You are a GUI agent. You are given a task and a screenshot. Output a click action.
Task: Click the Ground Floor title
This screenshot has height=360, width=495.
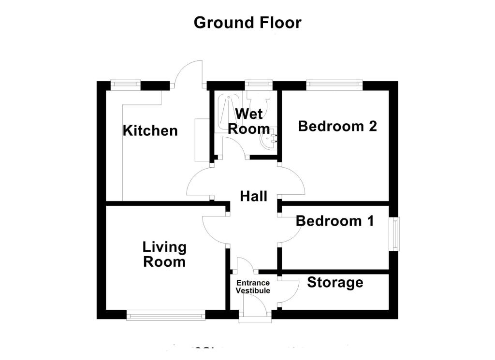(247, 23)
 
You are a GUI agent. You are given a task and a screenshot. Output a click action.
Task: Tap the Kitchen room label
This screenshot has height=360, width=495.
(150, 130)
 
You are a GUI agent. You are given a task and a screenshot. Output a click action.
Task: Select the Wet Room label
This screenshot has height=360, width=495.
(249, 121)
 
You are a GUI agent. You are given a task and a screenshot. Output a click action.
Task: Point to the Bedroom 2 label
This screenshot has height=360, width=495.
(337, 126)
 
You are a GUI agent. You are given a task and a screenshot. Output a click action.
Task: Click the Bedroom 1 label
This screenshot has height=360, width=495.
(335, 221)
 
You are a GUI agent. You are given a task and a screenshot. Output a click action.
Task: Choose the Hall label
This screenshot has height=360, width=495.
(253, 196)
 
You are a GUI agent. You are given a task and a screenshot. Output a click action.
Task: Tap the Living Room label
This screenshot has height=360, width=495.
(164, 254)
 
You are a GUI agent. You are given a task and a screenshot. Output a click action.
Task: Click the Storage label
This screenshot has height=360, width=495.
(335, 282)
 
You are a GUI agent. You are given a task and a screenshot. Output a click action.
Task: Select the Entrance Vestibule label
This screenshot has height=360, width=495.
(253, 287)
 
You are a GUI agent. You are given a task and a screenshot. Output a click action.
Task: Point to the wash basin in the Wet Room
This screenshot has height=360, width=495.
(268, 139)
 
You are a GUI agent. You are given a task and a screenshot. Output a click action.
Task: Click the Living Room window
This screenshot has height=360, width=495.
(166, 315)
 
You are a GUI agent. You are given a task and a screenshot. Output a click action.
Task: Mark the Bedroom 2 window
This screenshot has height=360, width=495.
(335, 85)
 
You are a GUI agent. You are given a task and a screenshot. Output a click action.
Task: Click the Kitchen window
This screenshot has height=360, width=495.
(125, 85)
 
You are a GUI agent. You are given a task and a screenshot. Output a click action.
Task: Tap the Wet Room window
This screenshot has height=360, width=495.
(259, 85)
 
